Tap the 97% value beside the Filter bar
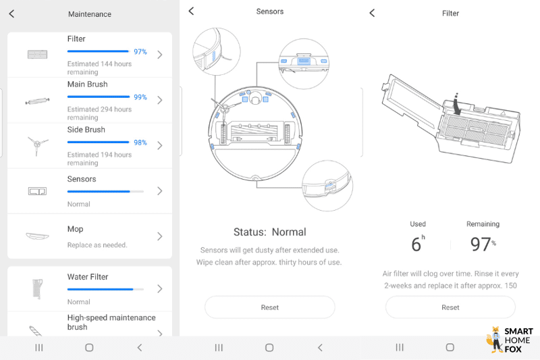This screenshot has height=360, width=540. point(140,51)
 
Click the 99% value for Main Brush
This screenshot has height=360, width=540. point(140,97)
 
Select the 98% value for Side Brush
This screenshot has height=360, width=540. point(140,143)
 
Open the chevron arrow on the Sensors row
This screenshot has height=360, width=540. point(160,191)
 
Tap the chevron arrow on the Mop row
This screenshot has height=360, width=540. point(160,236)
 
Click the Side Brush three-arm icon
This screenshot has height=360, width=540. point(36,145)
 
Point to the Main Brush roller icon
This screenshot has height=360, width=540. point(36,101)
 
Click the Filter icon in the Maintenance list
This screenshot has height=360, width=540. point(36,54)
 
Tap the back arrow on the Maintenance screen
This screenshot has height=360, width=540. point(11,14)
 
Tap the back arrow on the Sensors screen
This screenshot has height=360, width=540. point(191,11)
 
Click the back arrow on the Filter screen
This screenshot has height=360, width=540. point(372,13)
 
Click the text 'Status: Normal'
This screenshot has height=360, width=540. point(269,232)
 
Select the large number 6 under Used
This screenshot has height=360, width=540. point(416,245)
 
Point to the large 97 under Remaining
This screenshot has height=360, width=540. point(480,245)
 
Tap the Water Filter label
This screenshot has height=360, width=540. point(88,277)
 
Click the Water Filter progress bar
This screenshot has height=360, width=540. point(105,289)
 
